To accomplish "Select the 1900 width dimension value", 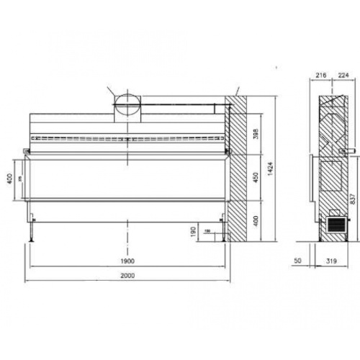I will click(127, 262).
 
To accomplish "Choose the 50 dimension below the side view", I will click(299, 262).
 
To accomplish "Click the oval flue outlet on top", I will click(125, 104).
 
